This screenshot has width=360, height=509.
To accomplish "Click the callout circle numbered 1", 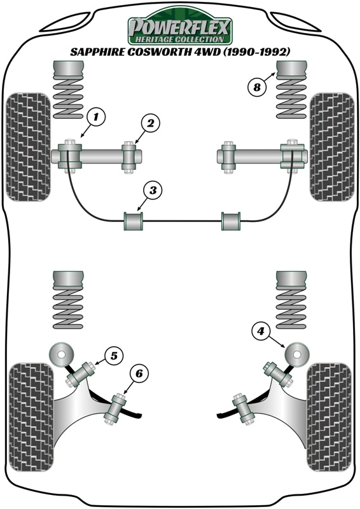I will coord(97,116).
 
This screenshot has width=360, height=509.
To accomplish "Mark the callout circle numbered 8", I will coord(257,87).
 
